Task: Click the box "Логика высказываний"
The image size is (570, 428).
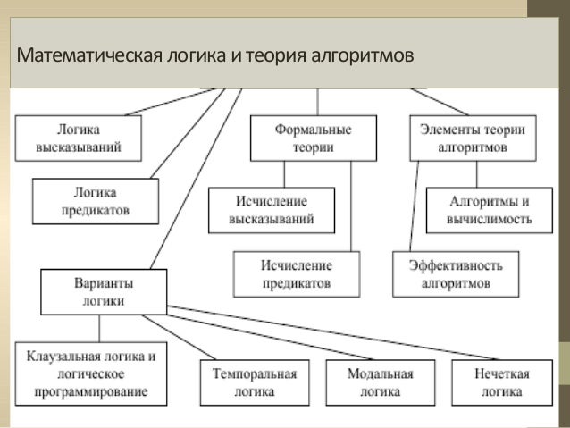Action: point(79,138)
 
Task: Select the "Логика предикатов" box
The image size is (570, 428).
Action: point(96,201)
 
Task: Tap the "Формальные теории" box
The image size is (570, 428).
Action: point(313,138)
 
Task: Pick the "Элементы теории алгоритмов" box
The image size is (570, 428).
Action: point(473,138)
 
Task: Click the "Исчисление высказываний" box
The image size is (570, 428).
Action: point(271,210)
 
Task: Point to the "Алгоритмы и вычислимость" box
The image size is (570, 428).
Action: point(479,210)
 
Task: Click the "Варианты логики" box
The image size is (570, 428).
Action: point(105,291)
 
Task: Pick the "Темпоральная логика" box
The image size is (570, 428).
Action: point(244,382)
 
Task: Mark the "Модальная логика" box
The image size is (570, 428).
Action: point(380,382)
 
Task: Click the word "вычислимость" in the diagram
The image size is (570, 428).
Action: point(479,218)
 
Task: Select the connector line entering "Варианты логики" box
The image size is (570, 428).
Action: point(197,179)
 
